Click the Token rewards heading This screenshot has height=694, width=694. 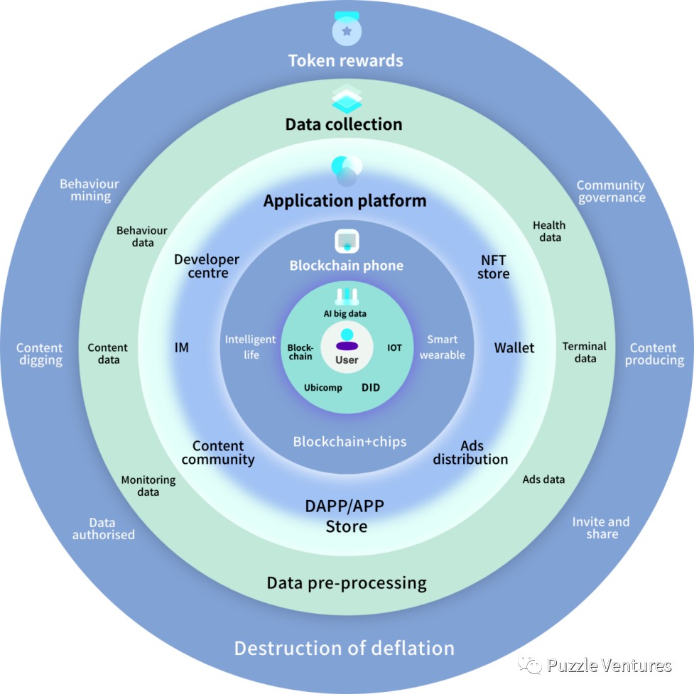[345, 60]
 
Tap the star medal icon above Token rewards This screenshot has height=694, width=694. [347, 30]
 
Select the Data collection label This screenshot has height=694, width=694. [344, 124]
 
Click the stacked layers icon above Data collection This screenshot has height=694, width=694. [347, 99]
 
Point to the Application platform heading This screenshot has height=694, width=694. [345, 201]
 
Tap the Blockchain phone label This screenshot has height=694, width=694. [346, 266]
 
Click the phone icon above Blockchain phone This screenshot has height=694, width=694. [347, 241]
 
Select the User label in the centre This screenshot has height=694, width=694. [347, 360]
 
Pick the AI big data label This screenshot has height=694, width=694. [346, 313]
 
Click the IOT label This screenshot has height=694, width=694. [394, 348]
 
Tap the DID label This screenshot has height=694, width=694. [371, 387]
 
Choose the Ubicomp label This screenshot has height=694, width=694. [323, 388]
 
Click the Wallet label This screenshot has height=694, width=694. [514, 348]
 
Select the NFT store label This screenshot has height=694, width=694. [494, 267]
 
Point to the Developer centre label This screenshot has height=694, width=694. [207, 266]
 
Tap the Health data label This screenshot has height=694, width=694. [550, 232]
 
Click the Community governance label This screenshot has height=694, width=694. [611, 192]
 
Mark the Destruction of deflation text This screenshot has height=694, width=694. [344, 649]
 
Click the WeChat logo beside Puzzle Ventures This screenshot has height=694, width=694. [529, 664]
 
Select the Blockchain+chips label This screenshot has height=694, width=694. [349, 442]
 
